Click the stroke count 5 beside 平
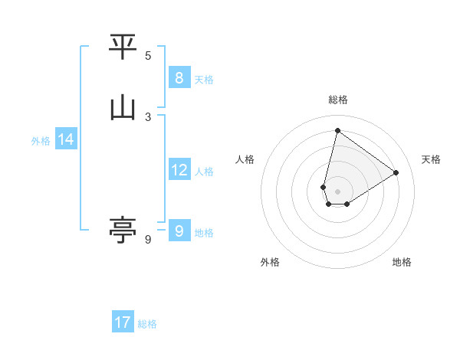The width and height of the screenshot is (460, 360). pos(148,56)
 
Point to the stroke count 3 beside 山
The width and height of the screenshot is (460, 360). pos(148,117)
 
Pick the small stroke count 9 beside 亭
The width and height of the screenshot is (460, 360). pos(148,240)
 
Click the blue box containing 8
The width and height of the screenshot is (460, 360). pos(179,78)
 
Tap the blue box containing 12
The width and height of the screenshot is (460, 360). pos(179,170)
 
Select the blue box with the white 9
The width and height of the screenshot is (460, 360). pos(179,231)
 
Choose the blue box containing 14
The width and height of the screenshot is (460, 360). pos(66,139)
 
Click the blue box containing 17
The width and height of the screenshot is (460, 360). pos(123,322)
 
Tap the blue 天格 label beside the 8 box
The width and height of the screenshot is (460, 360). pos(204,79)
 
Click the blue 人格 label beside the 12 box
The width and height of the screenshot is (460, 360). pos(204,172)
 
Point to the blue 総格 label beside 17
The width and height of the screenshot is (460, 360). pos(147,324)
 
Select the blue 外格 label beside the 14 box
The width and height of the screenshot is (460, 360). pos(41,141)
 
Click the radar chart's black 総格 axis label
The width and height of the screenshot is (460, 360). pos(337,100)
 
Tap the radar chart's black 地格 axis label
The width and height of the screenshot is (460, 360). pos(402,262)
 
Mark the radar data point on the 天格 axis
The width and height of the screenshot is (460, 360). pos(396,172)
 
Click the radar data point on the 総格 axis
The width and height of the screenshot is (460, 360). pos(337,130)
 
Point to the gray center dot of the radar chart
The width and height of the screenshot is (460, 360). pos(337,191)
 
